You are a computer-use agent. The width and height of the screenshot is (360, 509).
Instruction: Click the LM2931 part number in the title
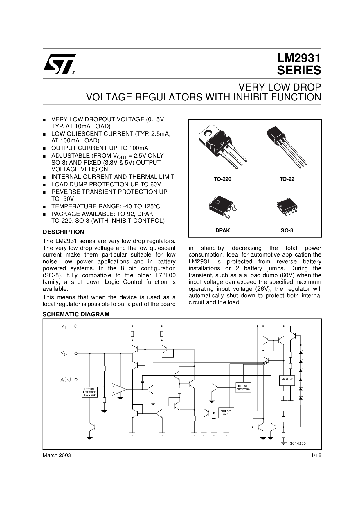point(299,58)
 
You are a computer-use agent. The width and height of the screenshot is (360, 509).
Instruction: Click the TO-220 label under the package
point(223,179)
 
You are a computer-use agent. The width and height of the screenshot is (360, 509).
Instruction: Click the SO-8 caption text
point(287,230)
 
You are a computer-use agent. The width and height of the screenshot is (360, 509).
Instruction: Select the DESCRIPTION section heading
point(64,232)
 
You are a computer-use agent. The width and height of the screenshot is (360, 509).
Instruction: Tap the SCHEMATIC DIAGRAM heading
point(76,314)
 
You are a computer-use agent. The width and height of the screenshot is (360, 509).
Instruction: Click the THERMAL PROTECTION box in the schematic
point(243,387)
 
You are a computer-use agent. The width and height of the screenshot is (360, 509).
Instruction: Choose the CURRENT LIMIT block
point(226,413)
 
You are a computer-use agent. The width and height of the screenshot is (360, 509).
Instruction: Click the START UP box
point(287,380)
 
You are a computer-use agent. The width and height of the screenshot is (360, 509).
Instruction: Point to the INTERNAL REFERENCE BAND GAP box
point(90,392)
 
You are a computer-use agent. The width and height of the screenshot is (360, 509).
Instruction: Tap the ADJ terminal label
point(66,380)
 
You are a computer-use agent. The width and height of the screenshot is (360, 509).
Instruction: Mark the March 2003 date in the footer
point(57,455)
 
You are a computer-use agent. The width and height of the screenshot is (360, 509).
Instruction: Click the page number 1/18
point(316,455)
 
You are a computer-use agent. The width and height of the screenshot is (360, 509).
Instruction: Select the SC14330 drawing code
point(298,443)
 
